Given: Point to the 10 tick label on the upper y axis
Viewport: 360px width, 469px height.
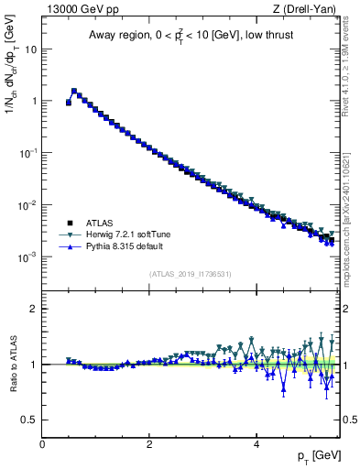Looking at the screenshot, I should [x=30, y=49].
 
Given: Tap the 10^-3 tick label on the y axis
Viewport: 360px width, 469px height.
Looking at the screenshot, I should [x=28, y=257].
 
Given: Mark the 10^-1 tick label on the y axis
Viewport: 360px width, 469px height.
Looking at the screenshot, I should [x=28, y=154].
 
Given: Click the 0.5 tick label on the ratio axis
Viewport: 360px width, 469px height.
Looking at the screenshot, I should [x=29, y=420].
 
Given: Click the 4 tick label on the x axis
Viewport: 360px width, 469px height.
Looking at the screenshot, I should [x=256, y=444].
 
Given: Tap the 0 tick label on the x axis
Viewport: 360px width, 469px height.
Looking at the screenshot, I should [x=42, y=444].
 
